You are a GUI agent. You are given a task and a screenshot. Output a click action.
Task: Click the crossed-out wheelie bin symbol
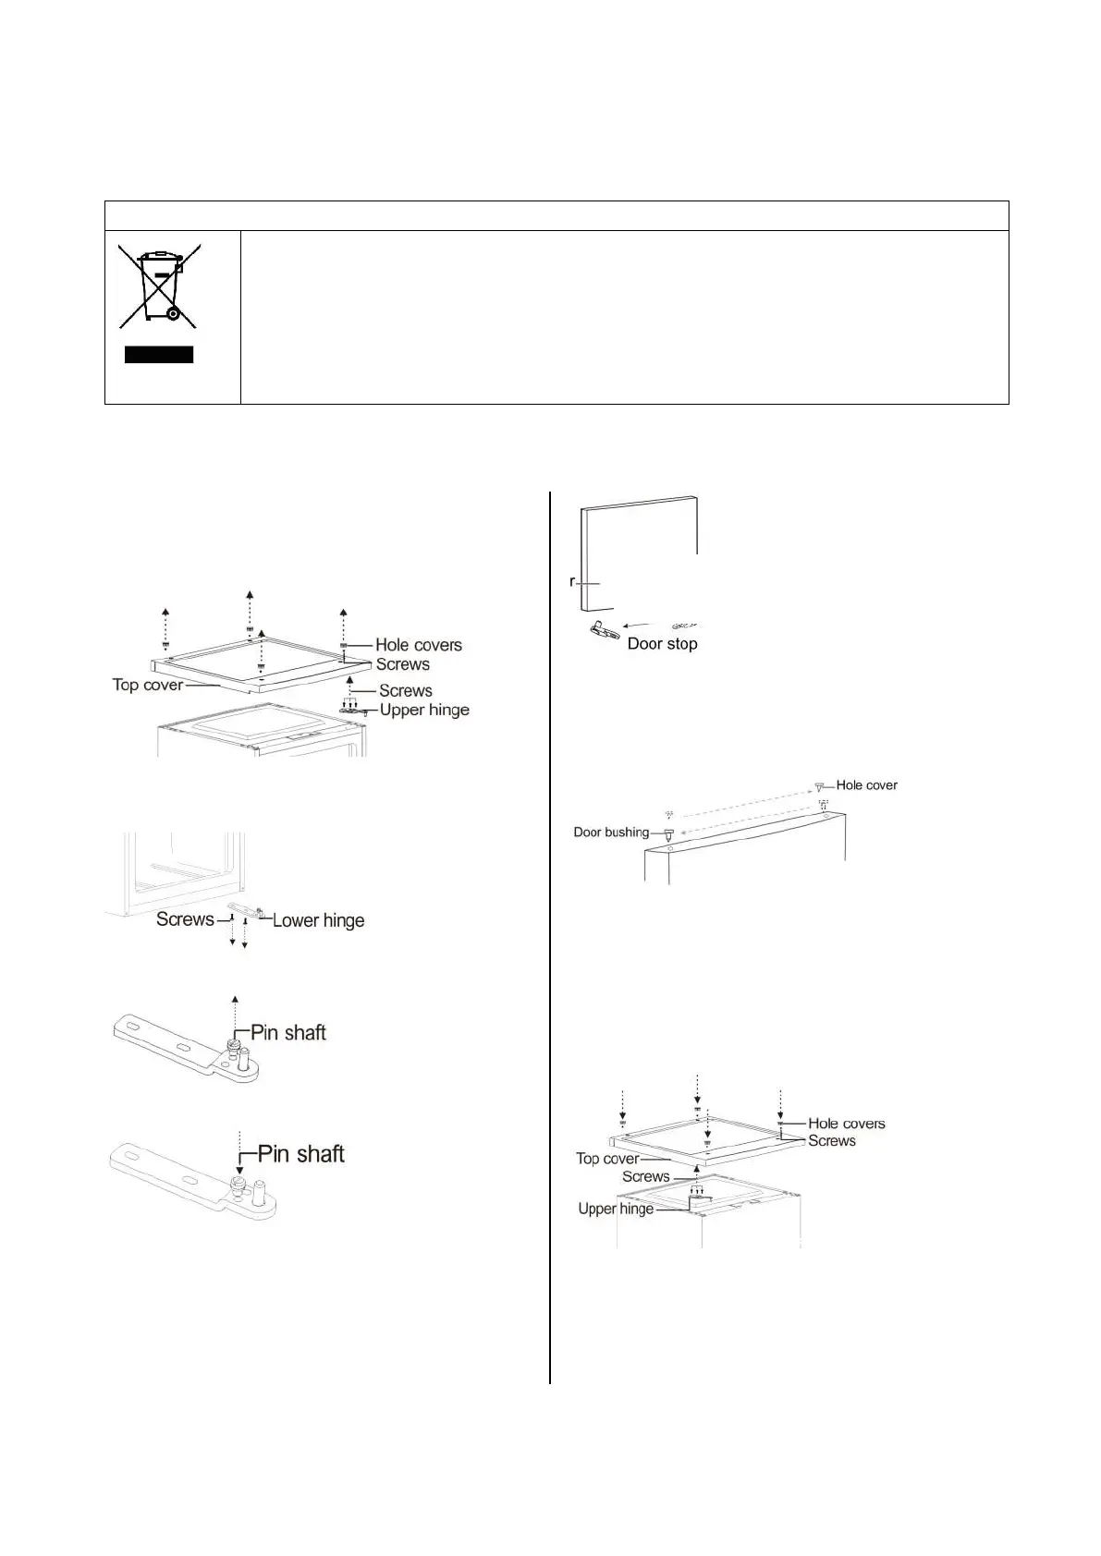click(159, 286)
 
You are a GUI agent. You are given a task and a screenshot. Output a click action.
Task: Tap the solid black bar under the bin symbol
click(159, 355)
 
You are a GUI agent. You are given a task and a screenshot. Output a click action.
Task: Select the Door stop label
click(662, 644)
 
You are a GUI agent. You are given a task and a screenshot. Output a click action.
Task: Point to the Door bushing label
click(611, 833)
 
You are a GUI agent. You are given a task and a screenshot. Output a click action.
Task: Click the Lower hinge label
click(318, 920)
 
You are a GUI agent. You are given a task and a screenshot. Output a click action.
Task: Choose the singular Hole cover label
click(866, 785)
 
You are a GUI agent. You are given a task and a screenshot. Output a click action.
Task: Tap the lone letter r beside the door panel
click(573, 582)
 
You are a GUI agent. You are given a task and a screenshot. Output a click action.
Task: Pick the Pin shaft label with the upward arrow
click(288, 1033)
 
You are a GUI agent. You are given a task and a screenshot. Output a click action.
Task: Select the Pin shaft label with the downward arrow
click(300, 1154)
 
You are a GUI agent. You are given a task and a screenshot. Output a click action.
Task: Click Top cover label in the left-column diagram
click(148, 685)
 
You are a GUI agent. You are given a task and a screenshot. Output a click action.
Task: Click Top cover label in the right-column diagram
click(607, 1159)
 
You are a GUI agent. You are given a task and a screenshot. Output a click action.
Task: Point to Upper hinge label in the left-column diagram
click(424, 710)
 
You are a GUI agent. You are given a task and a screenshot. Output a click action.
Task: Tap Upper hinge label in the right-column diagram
click(616, 1209)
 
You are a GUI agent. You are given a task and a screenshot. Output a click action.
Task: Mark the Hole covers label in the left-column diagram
click(418, 645)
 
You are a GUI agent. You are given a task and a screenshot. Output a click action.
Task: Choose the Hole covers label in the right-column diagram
click(846, 1124)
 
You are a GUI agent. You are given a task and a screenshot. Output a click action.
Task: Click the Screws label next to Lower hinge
click(185, 919)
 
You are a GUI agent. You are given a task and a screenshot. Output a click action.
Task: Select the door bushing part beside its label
click(667, 835)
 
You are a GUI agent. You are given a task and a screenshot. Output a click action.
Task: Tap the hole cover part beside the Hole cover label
click(819, 787)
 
